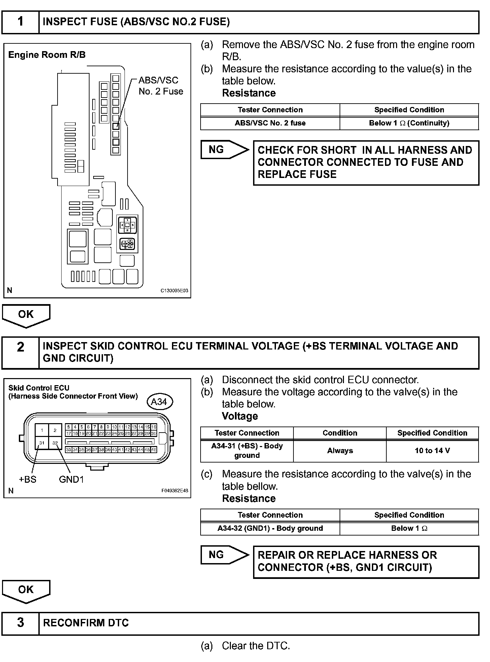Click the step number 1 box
[x=21, y=22]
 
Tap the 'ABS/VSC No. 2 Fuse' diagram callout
[x=161, y=86]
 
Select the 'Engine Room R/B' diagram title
[x=47, y=55]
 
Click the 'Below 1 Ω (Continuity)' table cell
[x=409, y=123]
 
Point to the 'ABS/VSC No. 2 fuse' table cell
[x=270, y=123]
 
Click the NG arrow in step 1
[x=224, y=150]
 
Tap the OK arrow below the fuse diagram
[x=26, y=315]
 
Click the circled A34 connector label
[x=159, y=402]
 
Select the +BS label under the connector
[x=28, y=479]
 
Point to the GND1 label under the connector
[x=71, y=479]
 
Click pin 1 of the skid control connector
[x=42, y=430]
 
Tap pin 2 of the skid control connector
[x=55, y=430]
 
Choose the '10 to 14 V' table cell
[x=432, y=451]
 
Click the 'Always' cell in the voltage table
[x=340, y=451]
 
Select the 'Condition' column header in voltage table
[x=340, y=433]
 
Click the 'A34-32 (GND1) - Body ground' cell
[x=270, y=528]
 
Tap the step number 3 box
[x=21, y=623]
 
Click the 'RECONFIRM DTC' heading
[x=86, y=623]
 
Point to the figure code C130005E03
[x=174, y=291]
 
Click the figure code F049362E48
[x=174, y=491]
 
